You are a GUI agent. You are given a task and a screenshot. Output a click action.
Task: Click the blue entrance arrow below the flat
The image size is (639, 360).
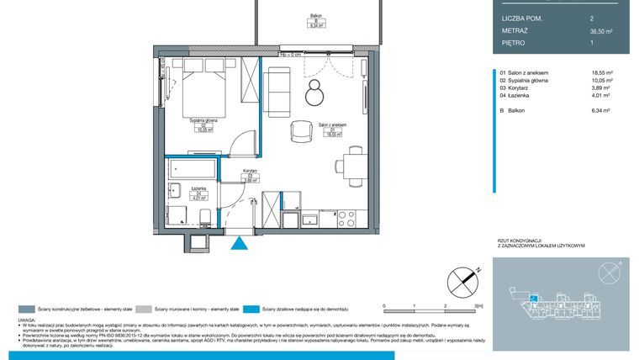tap(240, 244)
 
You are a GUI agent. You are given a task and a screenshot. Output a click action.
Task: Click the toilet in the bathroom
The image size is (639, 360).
tap(204, 218)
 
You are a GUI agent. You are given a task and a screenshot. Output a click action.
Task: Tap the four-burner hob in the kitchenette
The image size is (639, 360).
tap(346, 219)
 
